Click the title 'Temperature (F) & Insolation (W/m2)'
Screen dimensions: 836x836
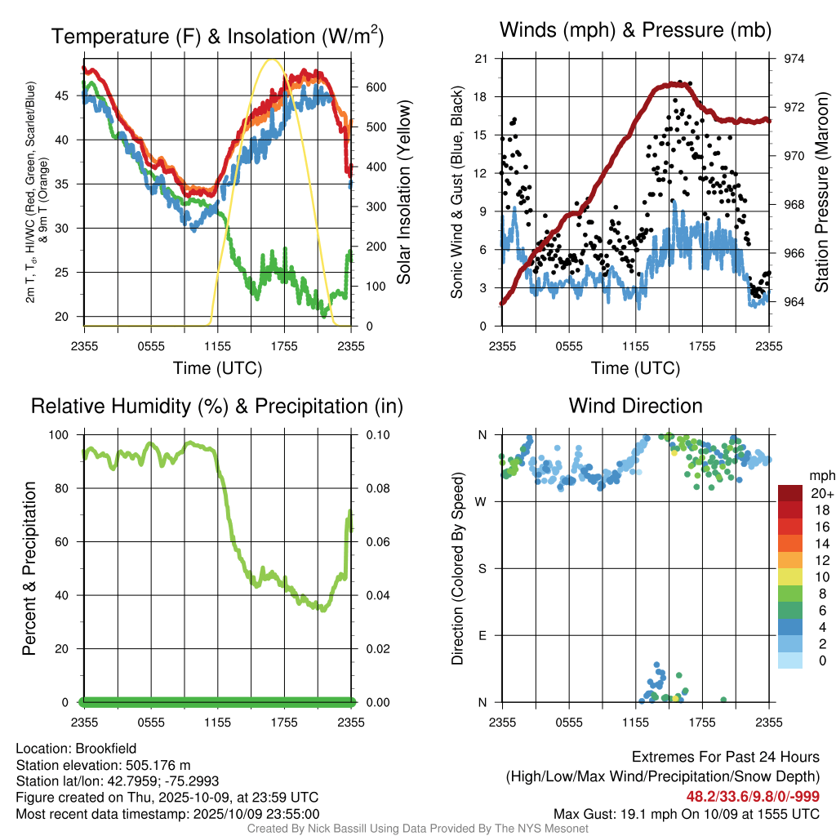coord(217,36)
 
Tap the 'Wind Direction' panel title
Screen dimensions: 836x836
coord(635,406)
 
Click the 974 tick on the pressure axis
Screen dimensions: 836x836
coord(794,59)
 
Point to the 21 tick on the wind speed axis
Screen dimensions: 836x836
coord(480,59)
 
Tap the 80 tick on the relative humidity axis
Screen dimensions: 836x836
coord(64,488)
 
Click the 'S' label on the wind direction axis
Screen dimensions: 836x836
coord(482,568)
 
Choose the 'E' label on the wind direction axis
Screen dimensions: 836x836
coord(482,635)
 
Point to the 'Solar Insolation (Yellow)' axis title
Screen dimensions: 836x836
coord(404,193)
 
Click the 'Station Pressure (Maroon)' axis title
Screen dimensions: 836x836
coord(822,193)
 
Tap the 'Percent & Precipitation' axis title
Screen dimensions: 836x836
coord(29,568)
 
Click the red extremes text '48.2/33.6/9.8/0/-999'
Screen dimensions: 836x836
coord(752,796)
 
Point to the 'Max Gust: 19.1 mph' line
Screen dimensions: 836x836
coord(686,813)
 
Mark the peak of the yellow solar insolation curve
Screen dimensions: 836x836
coord(273,60)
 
